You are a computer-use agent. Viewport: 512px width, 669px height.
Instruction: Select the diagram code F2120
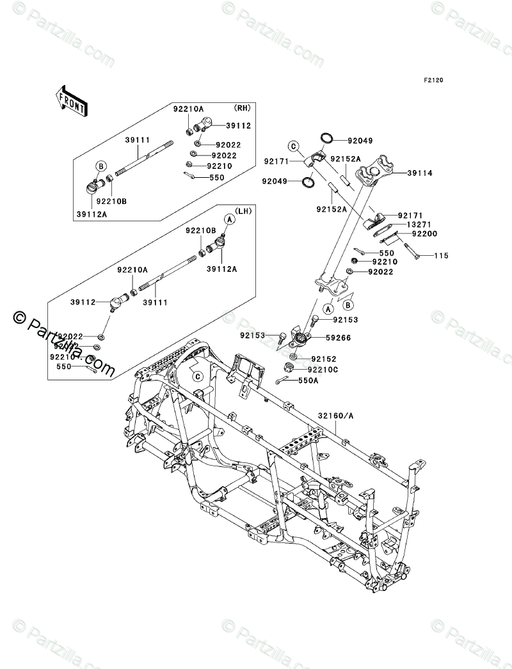pos(433,81)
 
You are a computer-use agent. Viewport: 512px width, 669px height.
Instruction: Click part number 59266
pos(338,337)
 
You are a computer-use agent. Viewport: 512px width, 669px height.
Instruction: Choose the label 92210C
pos(323,369)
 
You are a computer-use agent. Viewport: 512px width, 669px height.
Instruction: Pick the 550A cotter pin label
pos(308,381)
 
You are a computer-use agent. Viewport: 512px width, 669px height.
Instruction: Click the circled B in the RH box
pos(100,166)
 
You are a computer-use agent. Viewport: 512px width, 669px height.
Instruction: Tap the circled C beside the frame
pos(198,375)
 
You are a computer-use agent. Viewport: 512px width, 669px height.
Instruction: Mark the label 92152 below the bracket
pos(324,359)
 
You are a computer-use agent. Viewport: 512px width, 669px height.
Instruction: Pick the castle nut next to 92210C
pos(290,368)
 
